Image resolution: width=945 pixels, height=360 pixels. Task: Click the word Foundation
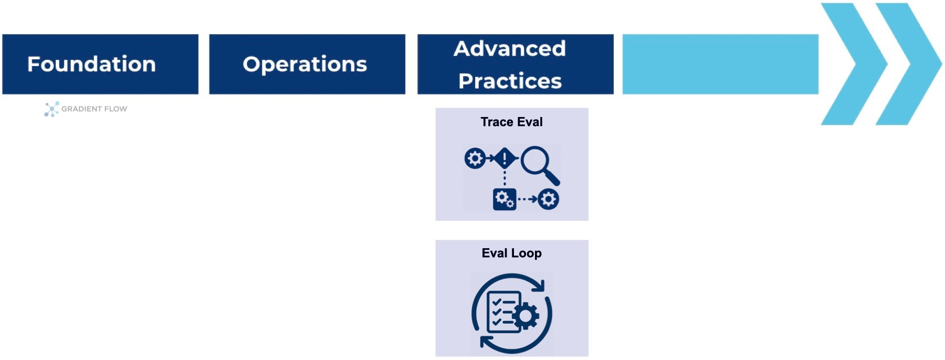pos(91,64)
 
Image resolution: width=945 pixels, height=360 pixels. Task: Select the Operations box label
pos(304,64)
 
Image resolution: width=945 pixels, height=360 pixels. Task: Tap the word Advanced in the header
pos(510,49)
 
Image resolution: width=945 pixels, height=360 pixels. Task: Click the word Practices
pos(510,81)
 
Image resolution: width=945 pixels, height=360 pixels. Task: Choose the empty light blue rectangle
pos(720,64)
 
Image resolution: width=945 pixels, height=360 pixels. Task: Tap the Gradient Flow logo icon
pos(51,109)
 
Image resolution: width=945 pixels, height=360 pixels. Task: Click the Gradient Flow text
pos(94,109)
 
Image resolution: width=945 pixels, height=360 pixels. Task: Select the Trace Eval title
pos(511,122)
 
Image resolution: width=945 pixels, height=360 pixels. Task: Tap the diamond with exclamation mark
pos(505,158)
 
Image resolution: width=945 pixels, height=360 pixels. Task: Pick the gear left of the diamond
pos(475,158)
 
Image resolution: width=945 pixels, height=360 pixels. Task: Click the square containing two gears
pos(505,199)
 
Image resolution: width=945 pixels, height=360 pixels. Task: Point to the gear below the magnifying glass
pos(549,199)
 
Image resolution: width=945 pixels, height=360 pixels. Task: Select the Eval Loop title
pos(511,253)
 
